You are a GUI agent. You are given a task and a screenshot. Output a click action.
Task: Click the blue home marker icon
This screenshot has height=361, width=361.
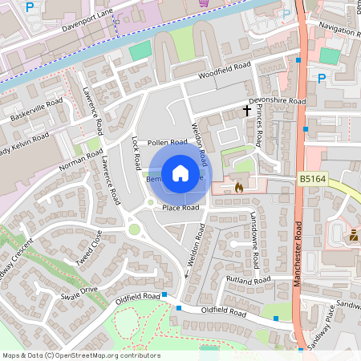point(180,173)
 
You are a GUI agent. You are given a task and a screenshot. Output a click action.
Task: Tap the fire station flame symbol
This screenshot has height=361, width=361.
point(238,187)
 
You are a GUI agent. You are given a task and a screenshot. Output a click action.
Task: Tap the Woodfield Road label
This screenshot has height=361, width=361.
point(225,70)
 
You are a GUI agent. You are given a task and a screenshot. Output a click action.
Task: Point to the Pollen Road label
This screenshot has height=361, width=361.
point(168,142)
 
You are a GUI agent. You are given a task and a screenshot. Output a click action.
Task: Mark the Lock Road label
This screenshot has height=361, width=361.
point(136,152)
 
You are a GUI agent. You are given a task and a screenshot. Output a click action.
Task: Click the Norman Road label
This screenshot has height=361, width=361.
point(80,160)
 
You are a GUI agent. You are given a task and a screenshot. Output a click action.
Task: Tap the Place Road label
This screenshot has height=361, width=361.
point(180,208)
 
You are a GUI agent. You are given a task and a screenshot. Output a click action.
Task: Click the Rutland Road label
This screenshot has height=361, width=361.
point(249,280)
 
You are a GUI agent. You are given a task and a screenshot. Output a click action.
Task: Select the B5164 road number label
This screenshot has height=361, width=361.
point(314,180)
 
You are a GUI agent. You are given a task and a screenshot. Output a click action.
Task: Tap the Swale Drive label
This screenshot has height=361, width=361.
point(79,292)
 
